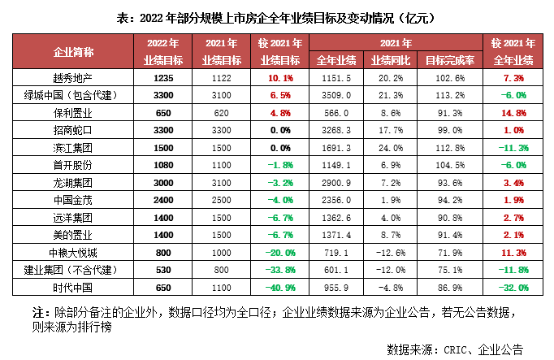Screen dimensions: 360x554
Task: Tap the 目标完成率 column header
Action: pos(449,59)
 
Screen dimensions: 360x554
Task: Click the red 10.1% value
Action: pos(279,77)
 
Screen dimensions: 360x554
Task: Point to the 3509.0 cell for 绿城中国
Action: pos(334,94)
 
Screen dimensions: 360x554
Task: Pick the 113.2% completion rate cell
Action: pos(449,94)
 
